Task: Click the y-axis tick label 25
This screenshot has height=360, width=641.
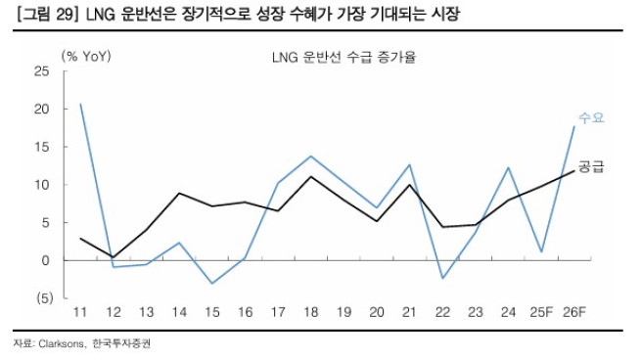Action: pos(42,71)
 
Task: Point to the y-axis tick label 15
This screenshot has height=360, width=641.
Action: pos(42,147)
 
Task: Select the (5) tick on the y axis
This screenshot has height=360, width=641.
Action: pos(40,298)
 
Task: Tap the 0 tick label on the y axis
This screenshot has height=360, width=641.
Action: pos(45,260)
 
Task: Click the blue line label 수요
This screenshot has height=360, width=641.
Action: pos(592,118)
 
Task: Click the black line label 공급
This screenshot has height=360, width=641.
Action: pos(591,166)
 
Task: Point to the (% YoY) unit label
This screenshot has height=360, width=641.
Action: pos(87,56)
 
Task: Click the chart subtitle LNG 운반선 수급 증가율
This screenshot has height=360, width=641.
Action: pos(343,58)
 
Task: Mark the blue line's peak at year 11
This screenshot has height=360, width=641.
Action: pos(80,104)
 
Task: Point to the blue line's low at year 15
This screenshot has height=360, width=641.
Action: pos(211,284)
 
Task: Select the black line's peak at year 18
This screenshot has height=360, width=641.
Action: pos(310,177)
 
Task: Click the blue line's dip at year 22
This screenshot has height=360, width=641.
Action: pos(442,279)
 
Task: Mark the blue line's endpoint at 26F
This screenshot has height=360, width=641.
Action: pos(573,126)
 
